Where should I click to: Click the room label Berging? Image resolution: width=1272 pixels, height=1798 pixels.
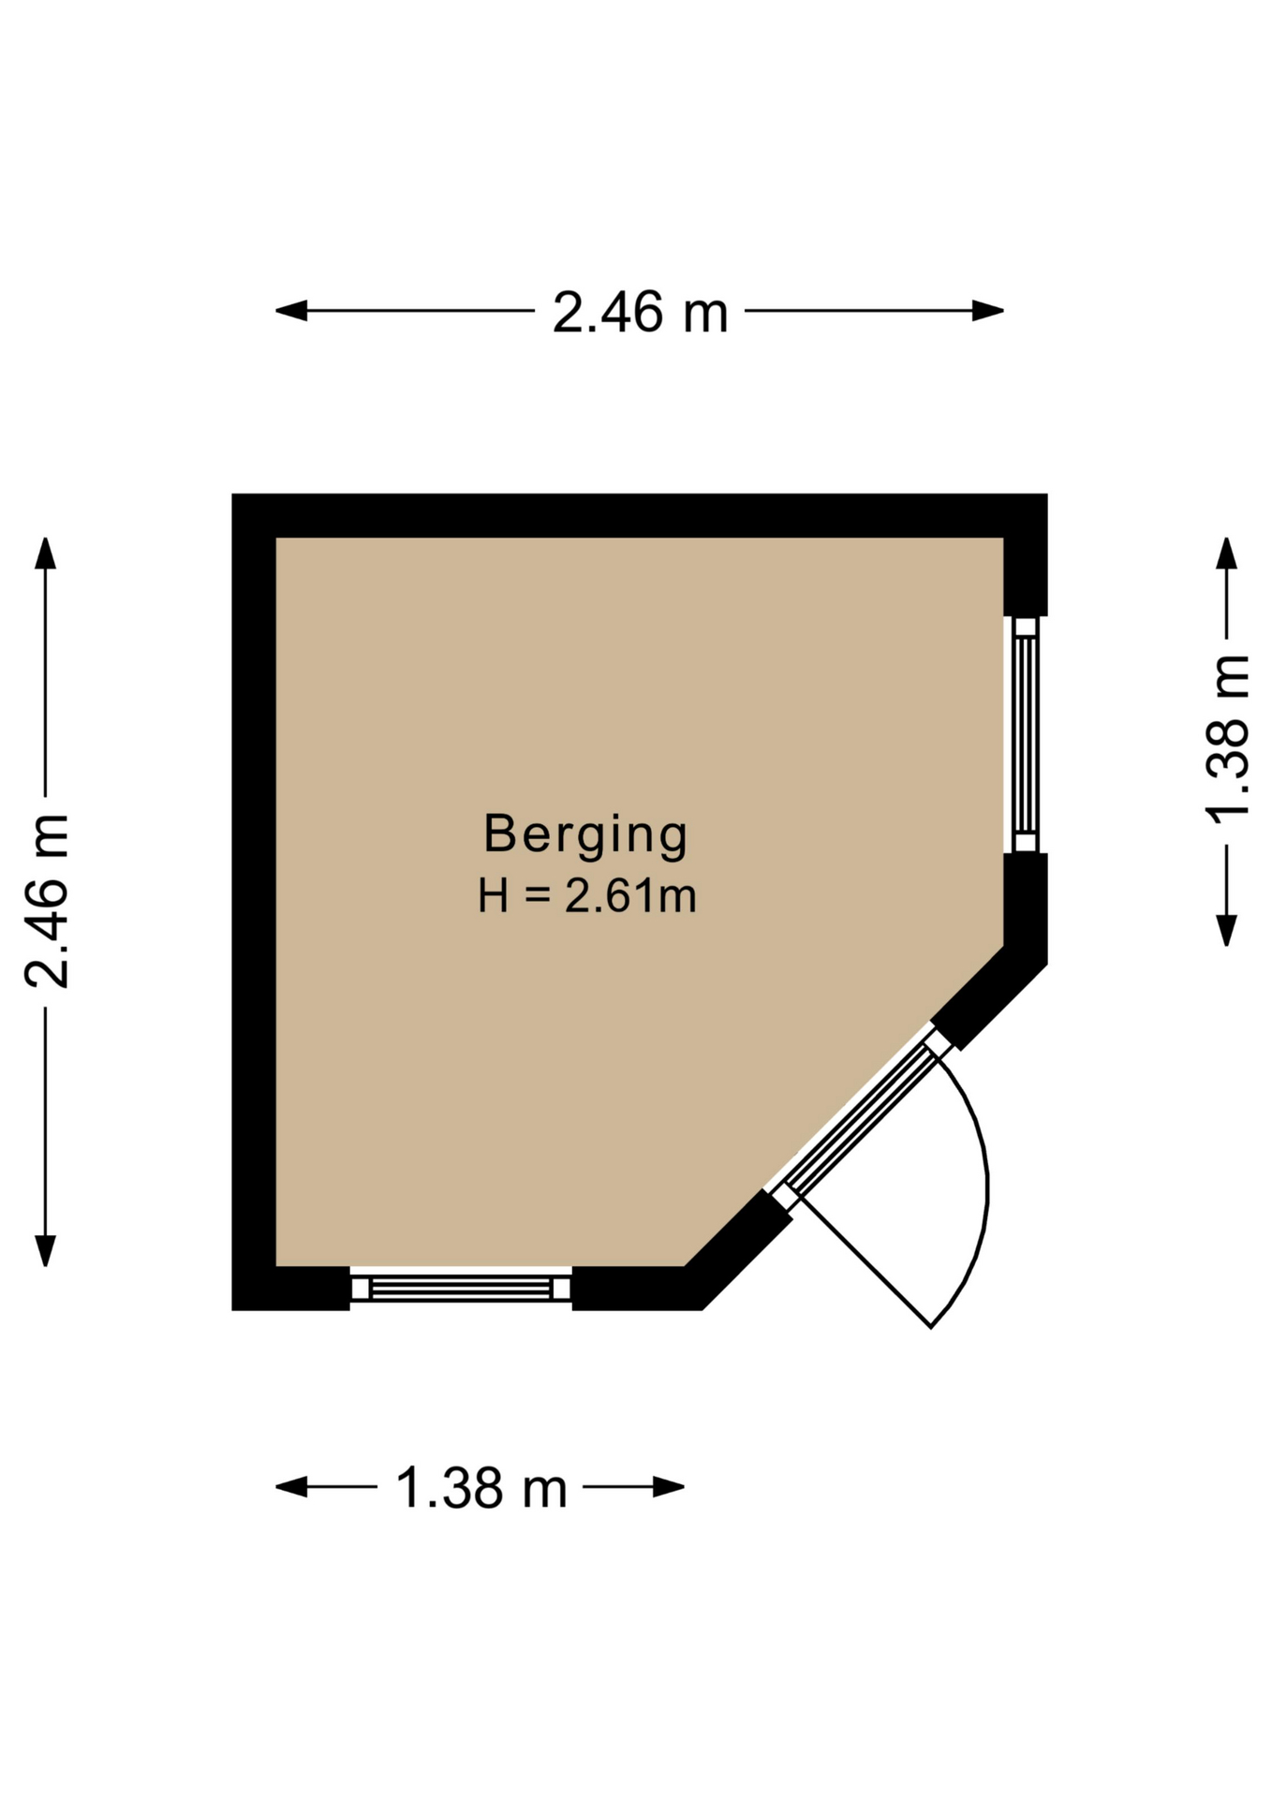(x=585, y=834)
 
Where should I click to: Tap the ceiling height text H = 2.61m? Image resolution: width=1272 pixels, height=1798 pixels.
(x=587, y=896)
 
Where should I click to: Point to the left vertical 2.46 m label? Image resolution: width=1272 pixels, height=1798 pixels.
(x=47, y=901)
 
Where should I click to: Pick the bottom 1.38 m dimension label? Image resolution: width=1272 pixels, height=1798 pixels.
(x=481, y=1487)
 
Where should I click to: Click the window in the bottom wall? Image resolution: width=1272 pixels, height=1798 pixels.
(x=461, y=1289)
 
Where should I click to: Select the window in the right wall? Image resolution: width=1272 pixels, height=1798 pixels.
(x=1026, y=734)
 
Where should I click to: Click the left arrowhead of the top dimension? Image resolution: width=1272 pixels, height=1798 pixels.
(x=291, y=311)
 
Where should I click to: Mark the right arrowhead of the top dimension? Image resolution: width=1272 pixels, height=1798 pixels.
(x=988, y=311)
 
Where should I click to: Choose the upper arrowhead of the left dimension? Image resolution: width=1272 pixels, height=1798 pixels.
(x=45, y=553)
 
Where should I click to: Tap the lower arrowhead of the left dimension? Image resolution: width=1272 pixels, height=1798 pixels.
(x=45, y=1250)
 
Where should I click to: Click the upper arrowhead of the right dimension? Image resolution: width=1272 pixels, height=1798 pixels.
(x=1226, y=553)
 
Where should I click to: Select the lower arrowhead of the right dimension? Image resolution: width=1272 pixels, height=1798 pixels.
(x=1226, y=931)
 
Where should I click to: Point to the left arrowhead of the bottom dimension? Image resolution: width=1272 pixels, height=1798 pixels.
(x=291, y=1486)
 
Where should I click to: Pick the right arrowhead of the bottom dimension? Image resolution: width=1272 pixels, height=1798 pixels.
(x=669, y=1486)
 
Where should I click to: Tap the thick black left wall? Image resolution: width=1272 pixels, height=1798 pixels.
(x=254, y=902)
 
